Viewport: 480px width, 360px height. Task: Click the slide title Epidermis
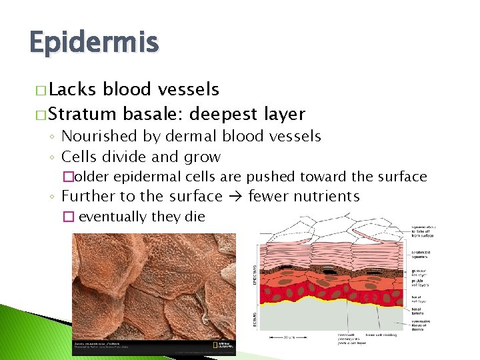coord(94,44)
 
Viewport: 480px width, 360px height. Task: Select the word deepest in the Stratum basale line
coord(222,115)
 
